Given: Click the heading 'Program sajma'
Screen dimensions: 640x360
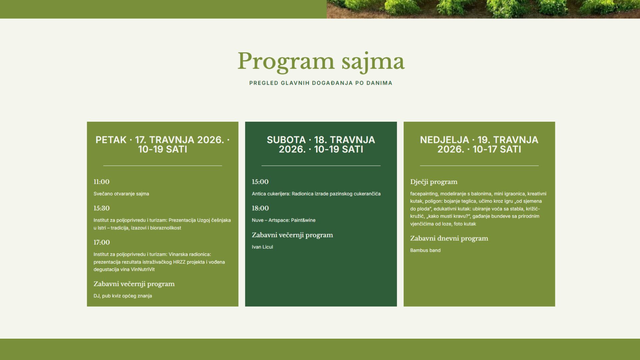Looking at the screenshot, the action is pos(321,62).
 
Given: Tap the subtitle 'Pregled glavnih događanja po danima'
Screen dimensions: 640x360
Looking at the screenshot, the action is pos(321,83).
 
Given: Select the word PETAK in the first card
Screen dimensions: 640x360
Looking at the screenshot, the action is pos(111,140).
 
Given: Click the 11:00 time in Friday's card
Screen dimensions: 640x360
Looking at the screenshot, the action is pos(101,182).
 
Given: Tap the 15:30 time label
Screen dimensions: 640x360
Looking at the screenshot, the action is pos(101,208).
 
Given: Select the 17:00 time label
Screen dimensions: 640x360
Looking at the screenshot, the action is pos(101,242).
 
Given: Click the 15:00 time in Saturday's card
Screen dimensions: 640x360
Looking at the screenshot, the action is pos(260,182).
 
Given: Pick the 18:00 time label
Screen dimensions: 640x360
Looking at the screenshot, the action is pos(260,208).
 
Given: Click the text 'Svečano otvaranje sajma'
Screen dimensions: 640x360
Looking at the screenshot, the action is pos(121,194).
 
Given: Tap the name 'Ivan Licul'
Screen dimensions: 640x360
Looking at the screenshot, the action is pos(262,247).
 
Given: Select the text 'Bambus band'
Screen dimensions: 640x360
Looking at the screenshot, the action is pos(425,250).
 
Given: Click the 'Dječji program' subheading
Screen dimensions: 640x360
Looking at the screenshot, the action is pos(434,182).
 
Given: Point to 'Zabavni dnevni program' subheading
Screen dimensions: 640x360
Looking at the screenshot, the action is pos(449,238).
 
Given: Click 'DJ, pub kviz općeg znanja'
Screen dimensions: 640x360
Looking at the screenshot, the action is pos(123,296).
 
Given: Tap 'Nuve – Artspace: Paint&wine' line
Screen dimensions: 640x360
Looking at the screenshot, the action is pos(284,220).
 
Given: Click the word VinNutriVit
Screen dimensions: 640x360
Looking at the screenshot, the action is pos(143,269).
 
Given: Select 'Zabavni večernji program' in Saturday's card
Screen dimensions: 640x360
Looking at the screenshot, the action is pos(292,235).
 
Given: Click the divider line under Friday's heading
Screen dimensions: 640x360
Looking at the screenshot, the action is pos(163,166).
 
